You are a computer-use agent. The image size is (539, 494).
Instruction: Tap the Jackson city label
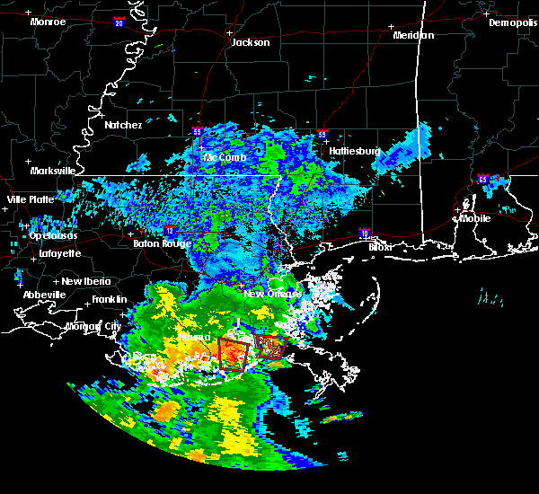(x=250, y=42)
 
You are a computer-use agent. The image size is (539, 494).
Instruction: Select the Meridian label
(x=413, y=35)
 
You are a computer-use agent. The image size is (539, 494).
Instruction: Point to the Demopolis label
(x=512, y=22)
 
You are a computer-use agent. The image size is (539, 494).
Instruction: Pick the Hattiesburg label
(x=355, y=151)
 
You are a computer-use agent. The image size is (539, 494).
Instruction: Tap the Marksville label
(x=53, y=171)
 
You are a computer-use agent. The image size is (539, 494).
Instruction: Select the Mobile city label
(x=475, y=217)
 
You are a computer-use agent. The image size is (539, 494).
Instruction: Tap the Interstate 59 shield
(x=322, y=136)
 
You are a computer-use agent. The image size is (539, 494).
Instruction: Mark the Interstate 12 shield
(x=168, y=231)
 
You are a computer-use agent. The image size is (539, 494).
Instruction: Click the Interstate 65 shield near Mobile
(x=483, y=179)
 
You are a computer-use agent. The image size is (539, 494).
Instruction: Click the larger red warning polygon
(x=234, y=354)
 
